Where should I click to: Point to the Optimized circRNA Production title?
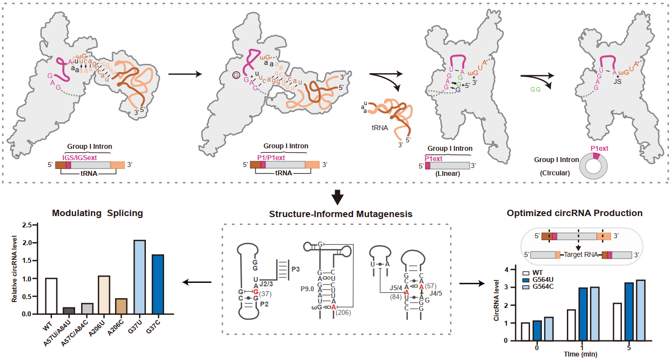(575, 213)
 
